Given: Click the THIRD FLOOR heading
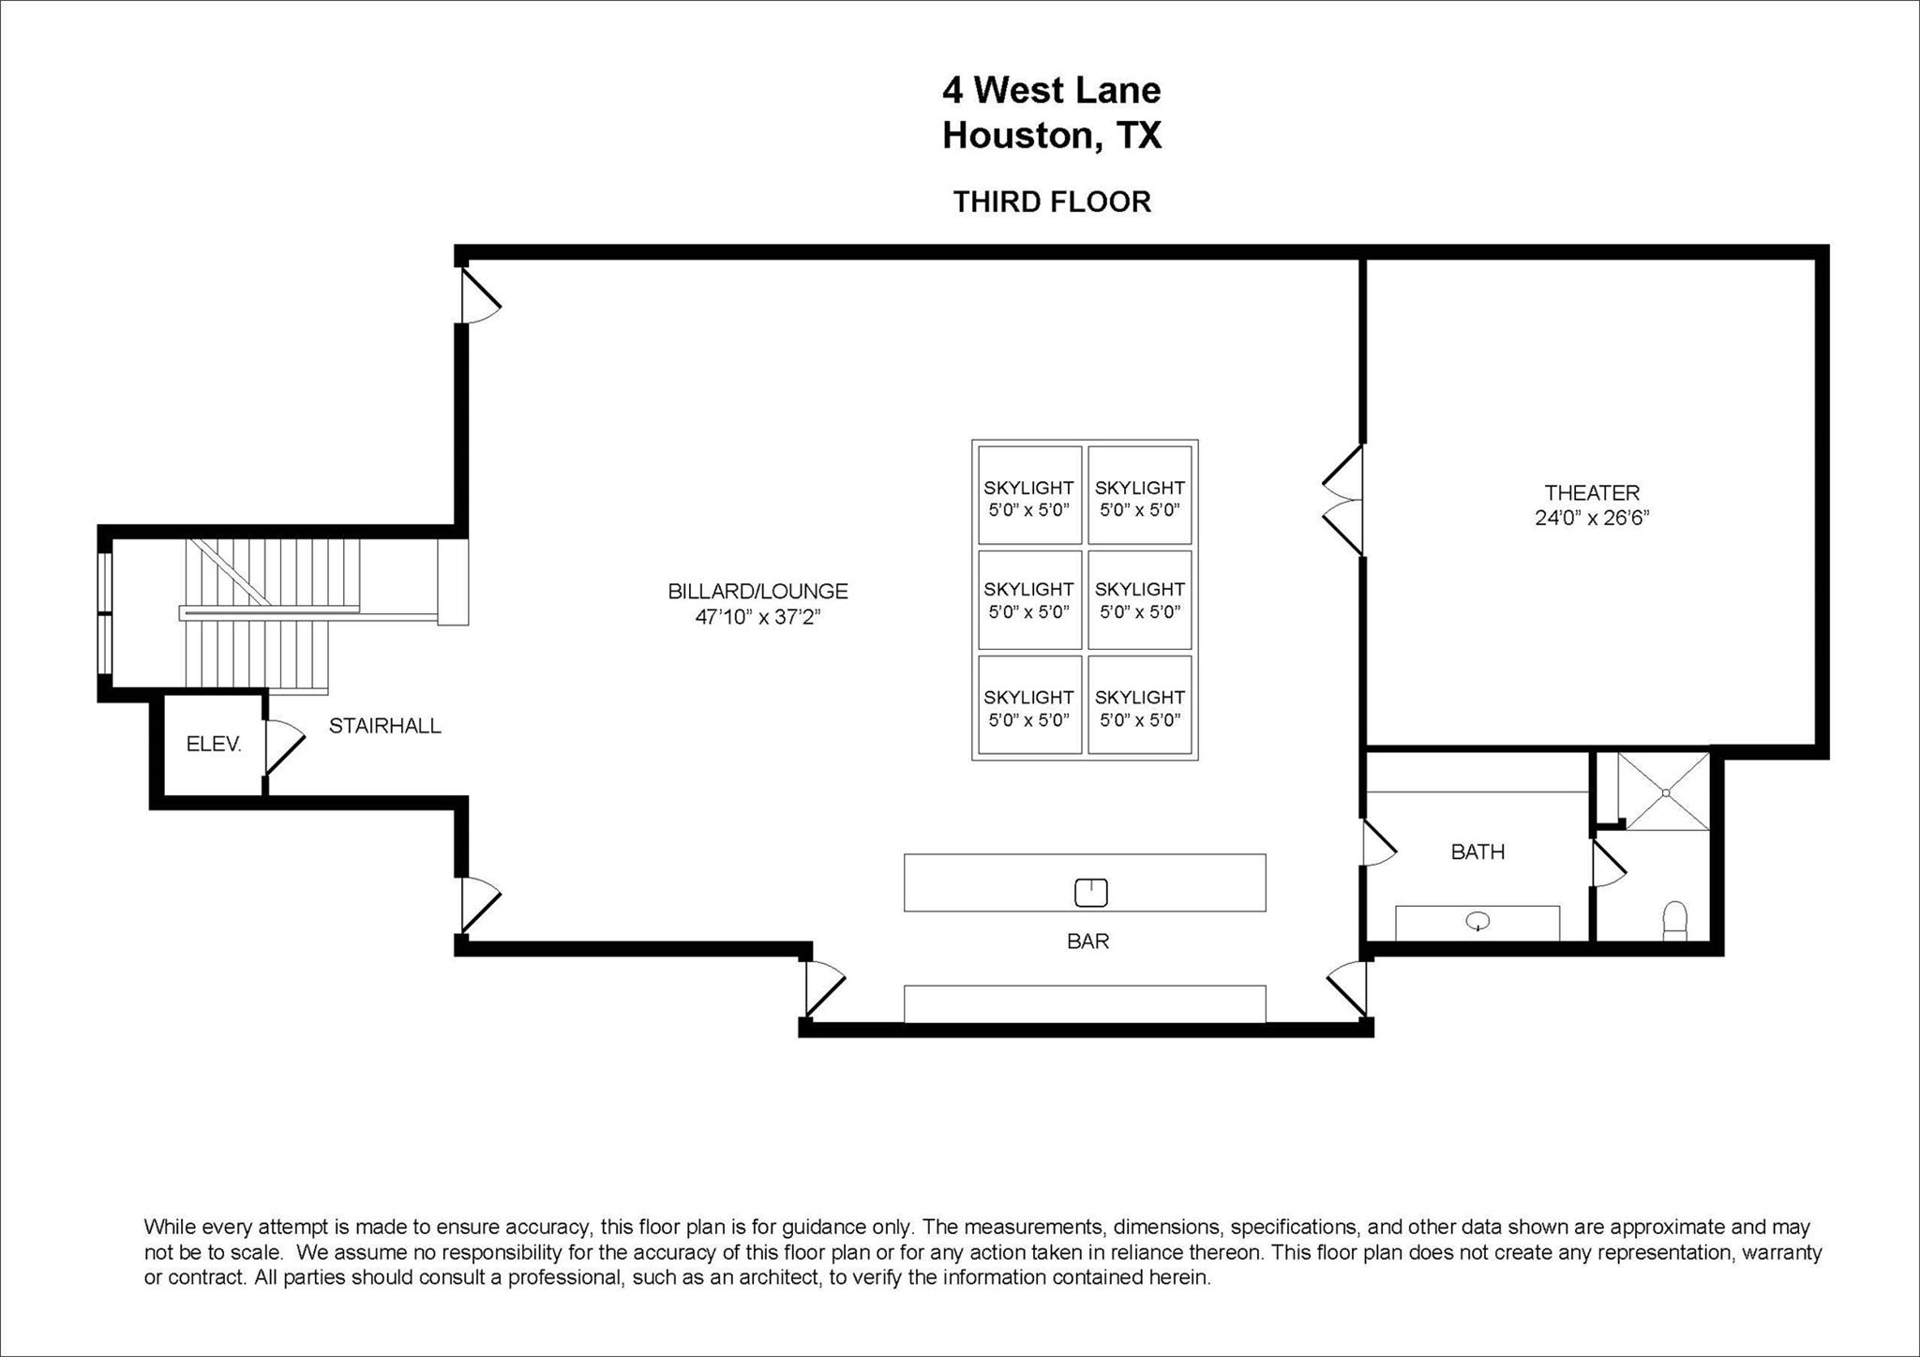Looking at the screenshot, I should pyautogui.click(x=1052, y=202).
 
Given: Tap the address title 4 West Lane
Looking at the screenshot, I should pyautogui.click(x=1052, y=90).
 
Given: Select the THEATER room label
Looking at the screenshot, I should pyautogui.click(x=1592, y=492).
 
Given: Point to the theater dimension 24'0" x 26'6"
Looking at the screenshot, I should pyautogui.click(x=1592, y=518).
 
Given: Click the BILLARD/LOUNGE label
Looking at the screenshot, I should pyautogui.click(x=757, y=592).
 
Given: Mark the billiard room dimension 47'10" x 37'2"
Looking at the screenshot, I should pyautogui.click(x=757, y=617).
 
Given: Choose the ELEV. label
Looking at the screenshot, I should pyautogui.click(x=214, y=745).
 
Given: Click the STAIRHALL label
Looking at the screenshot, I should pyautogui.click(x=384, y=726).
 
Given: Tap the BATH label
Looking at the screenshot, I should pyautogui.click(x=1477, y=852).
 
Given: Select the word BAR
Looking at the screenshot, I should pyautogui.click(x=1087, y=941).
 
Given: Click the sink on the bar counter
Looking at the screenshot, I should pyautogui.click(x=1090, y=893).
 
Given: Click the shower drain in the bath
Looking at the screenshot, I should pyautogui.click(x=1666, y=792).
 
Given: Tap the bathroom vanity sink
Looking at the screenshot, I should pyautogui.click(x=1477, y=922).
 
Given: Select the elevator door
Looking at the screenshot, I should pyautogui.click(x=281, y=746).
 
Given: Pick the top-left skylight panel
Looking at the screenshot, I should pyautogui.click(x=1028, y=495).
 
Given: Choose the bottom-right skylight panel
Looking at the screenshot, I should pyautogui.click(x=1139, y=705).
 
